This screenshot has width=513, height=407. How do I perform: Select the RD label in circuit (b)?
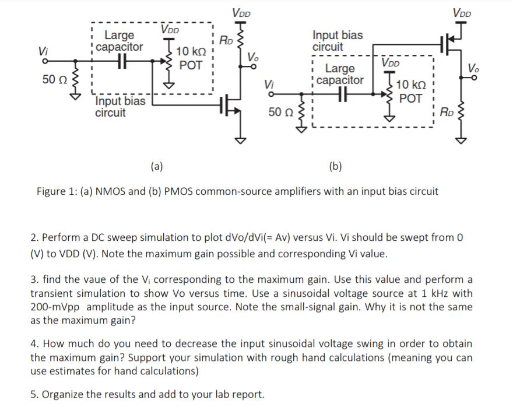click(x=447, y=110)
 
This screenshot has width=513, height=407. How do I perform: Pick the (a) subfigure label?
click(x=156, y=166)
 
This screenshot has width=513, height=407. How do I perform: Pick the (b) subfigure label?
click(x=335, y=166)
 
